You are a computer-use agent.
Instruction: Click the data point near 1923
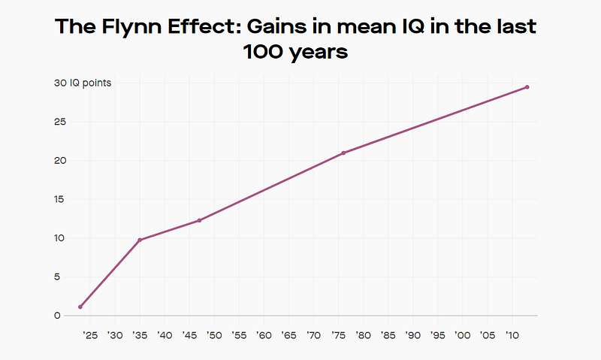[x=80, y=307]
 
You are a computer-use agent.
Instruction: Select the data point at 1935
[x=140, y=240]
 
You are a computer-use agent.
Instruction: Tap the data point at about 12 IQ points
[x=199, y=220]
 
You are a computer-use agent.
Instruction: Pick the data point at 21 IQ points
[x=343, y=153]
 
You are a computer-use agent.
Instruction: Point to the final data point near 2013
[x=527, y=87]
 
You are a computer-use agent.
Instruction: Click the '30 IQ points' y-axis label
[x=82, y=83]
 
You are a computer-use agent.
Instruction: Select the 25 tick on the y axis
[x=59, y=122]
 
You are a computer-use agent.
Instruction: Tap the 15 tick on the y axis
[x=59, y=199]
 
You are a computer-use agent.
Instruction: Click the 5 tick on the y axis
[x=56, y=277]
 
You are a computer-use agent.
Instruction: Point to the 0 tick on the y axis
[x=56, y=316]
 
